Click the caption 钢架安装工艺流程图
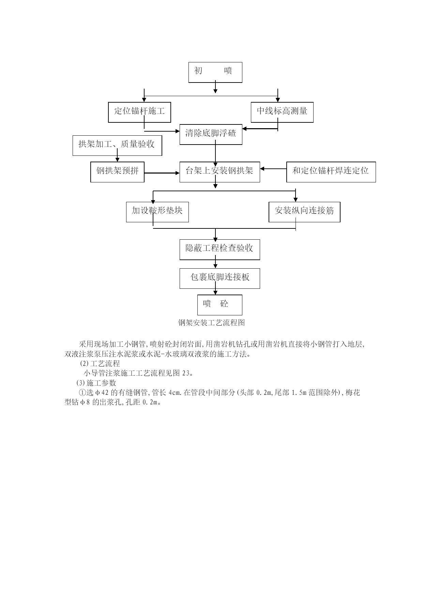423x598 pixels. [x=212, y=323]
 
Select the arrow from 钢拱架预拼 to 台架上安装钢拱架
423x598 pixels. [x=162, y=173]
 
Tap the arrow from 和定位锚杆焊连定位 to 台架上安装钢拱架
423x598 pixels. [x=273, y=168]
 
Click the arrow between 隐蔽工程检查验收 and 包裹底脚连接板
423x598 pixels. [x=215, y=264]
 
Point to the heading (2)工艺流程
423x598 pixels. [x=100, y=364]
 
